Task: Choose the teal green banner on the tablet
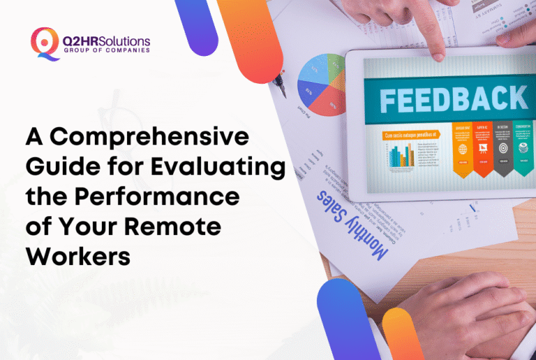[x=523, y=149]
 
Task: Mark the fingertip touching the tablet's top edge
[x=438, y=50]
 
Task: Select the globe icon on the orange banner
[x=463, y=150]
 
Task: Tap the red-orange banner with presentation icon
[x=483, y=149]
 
